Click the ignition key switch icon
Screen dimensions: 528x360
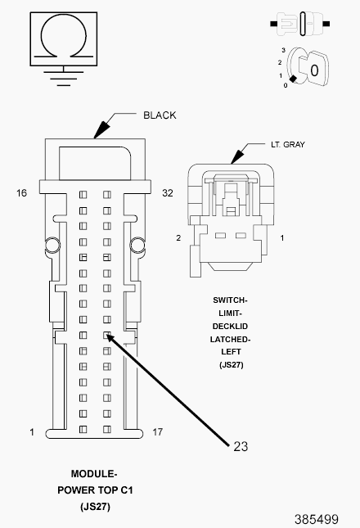(308, 69)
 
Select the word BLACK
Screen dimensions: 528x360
(160, 115)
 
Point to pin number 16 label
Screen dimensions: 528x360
(22, 193)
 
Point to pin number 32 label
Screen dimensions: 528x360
(168, 193)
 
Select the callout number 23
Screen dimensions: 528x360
(241, 446)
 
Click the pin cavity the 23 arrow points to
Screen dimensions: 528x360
(106, 335)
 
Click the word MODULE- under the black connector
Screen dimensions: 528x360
(95, 474)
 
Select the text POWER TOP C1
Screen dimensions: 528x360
(95, 490)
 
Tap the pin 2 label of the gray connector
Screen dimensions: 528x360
(178, 237)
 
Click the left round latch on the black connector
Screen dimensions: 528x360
(52, 243)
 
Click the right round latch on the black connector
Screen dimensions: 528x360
(137, 243)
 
